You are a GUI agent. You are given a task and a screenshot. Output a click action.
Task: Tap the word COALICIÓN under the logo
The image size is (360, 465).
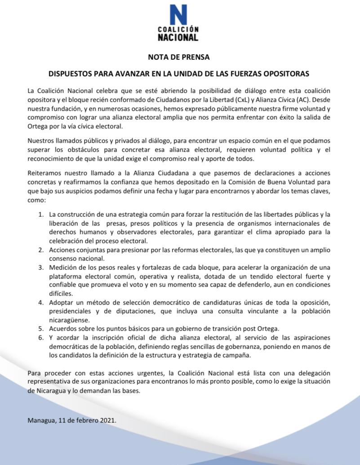tap(178, 30)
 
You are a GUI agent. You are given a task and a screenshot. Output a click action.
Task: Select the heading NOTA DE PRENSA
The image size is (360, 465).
tap(179, 57)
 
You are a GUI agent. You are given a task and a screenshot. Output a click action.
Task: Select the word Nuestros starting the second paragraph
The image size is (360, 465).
tap(40, 141)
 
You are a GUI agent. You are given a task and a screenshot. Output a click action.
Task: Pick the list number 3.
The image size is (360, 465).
tap(41, 268)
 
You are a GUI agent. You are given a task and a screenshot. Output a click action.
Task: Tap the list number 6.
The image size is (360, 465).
tap(41, 338)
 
